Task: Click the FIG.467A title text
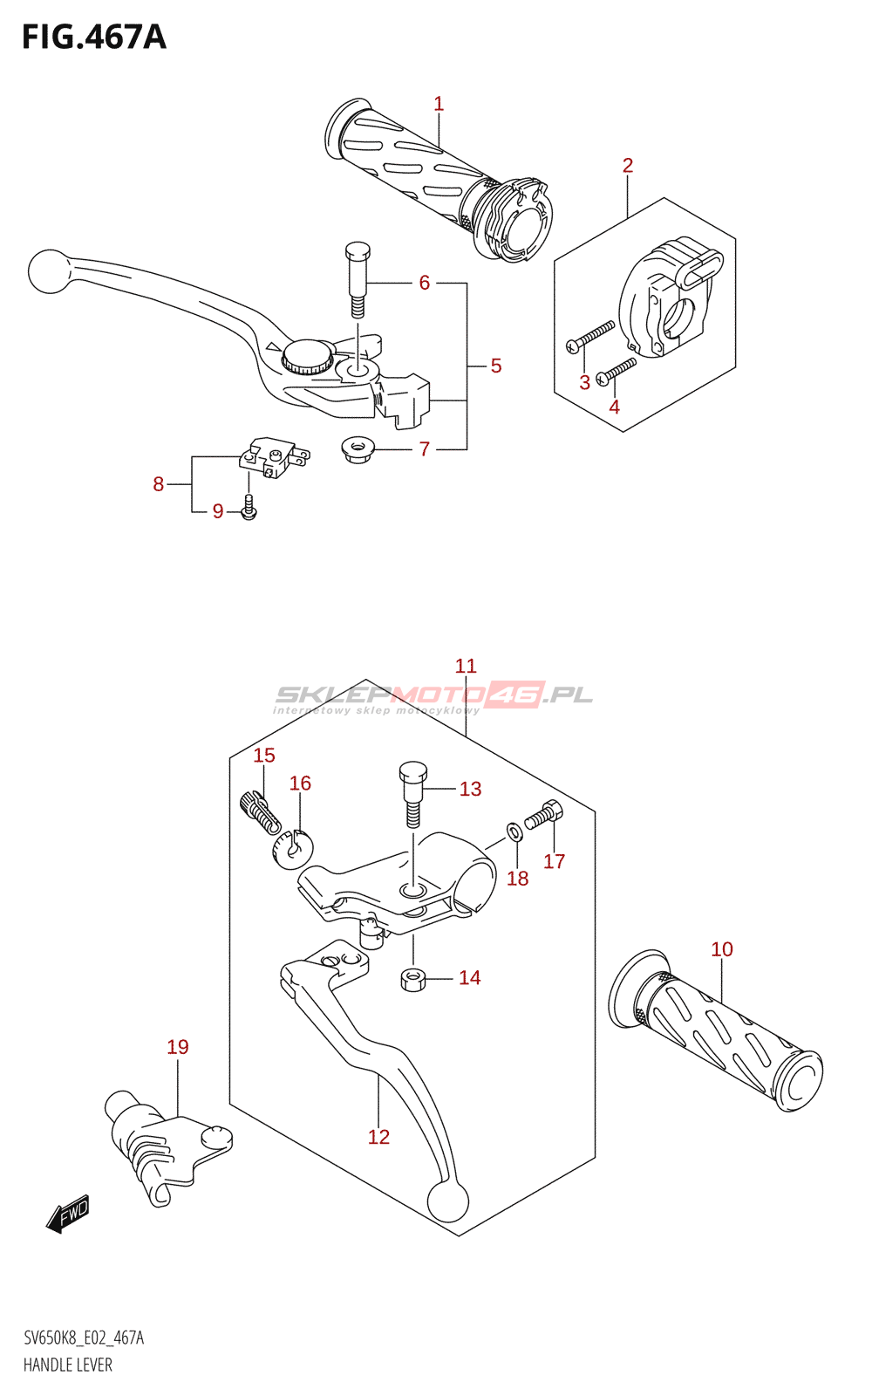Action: point(94,38)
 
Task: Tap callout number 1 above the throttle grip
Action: point(439,104)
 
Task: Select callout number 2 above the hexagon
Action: point(627,165)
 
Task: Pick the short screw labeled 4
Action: point(616,372)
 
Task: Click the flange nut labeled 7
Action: point(357,448)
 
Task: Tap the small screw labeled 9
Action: point(249,506)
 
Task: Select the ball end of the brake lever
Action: point(48,271)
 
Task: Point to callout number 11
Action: point(466,666)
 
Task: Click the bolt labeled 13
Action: point(412,793)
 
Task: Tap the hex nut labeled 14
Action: point(412,980)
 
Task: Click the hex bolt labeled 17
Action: point(544,816)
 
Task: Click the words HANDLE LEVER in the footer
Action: point(68,1365)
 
